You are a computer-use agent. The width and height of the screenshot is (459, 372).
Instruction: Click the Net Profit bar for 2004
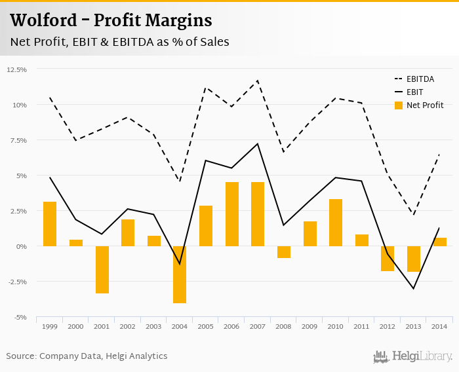(180, 274)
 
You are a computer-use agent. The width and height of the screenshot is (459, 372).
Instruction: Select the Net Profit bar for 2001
(102, 269)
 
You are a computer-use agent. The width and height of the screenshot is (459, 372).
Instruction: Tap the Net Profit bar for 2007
(258, 214)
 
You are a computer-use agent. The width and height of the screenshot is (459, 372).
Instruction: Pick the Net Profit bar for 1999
(50, 224)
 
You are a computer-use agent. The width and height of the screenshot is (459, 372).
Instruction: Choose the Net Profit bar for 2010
(336, 223)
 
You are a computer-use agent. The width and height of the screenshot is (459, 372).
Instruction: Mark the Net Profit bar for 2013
(414, 259)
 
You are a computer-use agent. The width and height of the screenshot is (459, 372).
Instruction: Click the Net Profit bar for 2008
(284, 251)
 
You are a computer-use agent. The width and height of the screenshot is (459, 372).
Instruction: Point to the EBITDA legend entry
(420, 79)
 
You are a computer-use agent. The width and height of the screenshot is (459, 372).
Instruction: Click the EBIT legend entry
(414, 92)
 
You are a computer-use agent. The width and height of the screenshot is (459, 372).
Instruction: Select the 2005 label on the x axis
(206, 325)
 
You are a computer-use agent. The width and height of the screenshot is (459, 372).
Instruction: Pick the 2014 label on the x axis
(440, 325)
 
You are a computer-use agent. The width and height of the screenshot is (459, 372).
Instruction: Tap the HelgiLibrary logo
(413, 356)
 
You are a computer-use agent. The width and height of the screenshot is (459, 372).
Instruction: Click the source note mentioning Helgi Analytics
(87, 356)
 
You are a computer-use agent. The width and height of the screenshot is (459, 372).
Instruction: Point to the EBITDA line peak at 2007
(258, 81)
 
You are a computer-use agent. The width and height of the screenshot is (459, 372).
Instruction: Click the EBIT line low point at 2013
(414, 289)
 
